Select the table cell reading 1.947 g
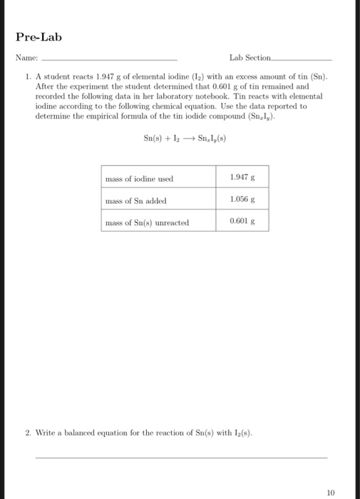pos(242,175)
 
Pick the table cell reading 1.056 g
pos(242,199)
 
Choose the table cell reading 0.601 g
pos(242,221)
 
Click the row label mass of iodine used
pos(139,179)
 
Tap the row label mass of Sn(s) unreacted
pos(147,223)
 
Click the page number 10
pos(330,491)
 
